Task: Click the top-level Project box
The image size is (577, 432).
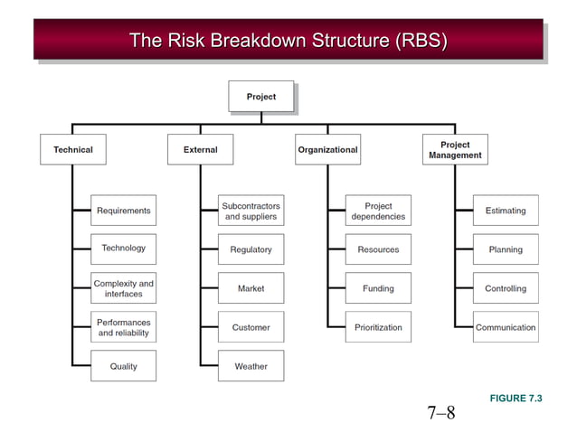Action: pyautogui.click(x=261, y=97)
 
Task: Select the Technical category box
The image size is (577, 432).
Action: pyautogui.click(x=73, y=149)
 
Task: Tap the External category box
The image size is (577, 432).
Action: pyautogui.click(x=201, y=149)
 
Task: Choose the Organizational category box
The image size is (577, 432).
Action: pyautogui.click(x=327, y=149)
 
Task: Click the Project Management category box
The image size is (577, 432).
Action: pyautogui.click(x=455, y=149)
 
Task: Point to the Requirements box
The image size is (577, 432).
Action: pyautogui.click(x=124, y=211)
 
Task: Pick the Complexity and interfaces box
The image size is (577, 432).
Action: pyautogui.click(x=124, y=288)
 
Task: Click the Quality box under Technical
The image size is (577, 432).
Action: pyautogui.click(x=124, y=366)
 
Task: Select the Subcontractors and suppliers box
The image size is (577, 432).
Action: pyautogui.click(x=251, y=211)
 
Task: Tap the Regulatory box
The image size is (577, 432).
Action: pyautogui.click(x=251, y=249)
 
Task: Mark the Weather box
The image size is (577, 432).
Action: pyautogui.click(x=251, y=366)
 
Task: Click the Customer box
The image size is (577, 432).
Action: pyautogui.click(x=251, y=327)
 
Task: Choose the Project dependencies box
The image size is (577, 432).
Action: pyautogui.click(x=378, y=211)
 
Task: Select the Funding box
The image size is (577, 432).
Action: pyautogui.click(x=378, y=288)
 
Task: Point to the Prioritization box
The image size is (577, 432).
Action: pyautogui.click(x=378, y=327)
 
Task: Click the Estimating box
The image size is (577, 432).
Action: pyautogui.click(x=506, y=211)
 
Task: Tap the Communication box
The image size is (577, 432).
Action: pyautogui.click(x=506, y=327)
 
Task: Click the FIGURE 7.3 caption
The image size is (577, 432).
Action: pyautogui.click(x=516, y=399)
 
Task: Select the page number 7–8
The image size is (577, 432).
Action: pyautogui.click(x=441, y=414)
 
